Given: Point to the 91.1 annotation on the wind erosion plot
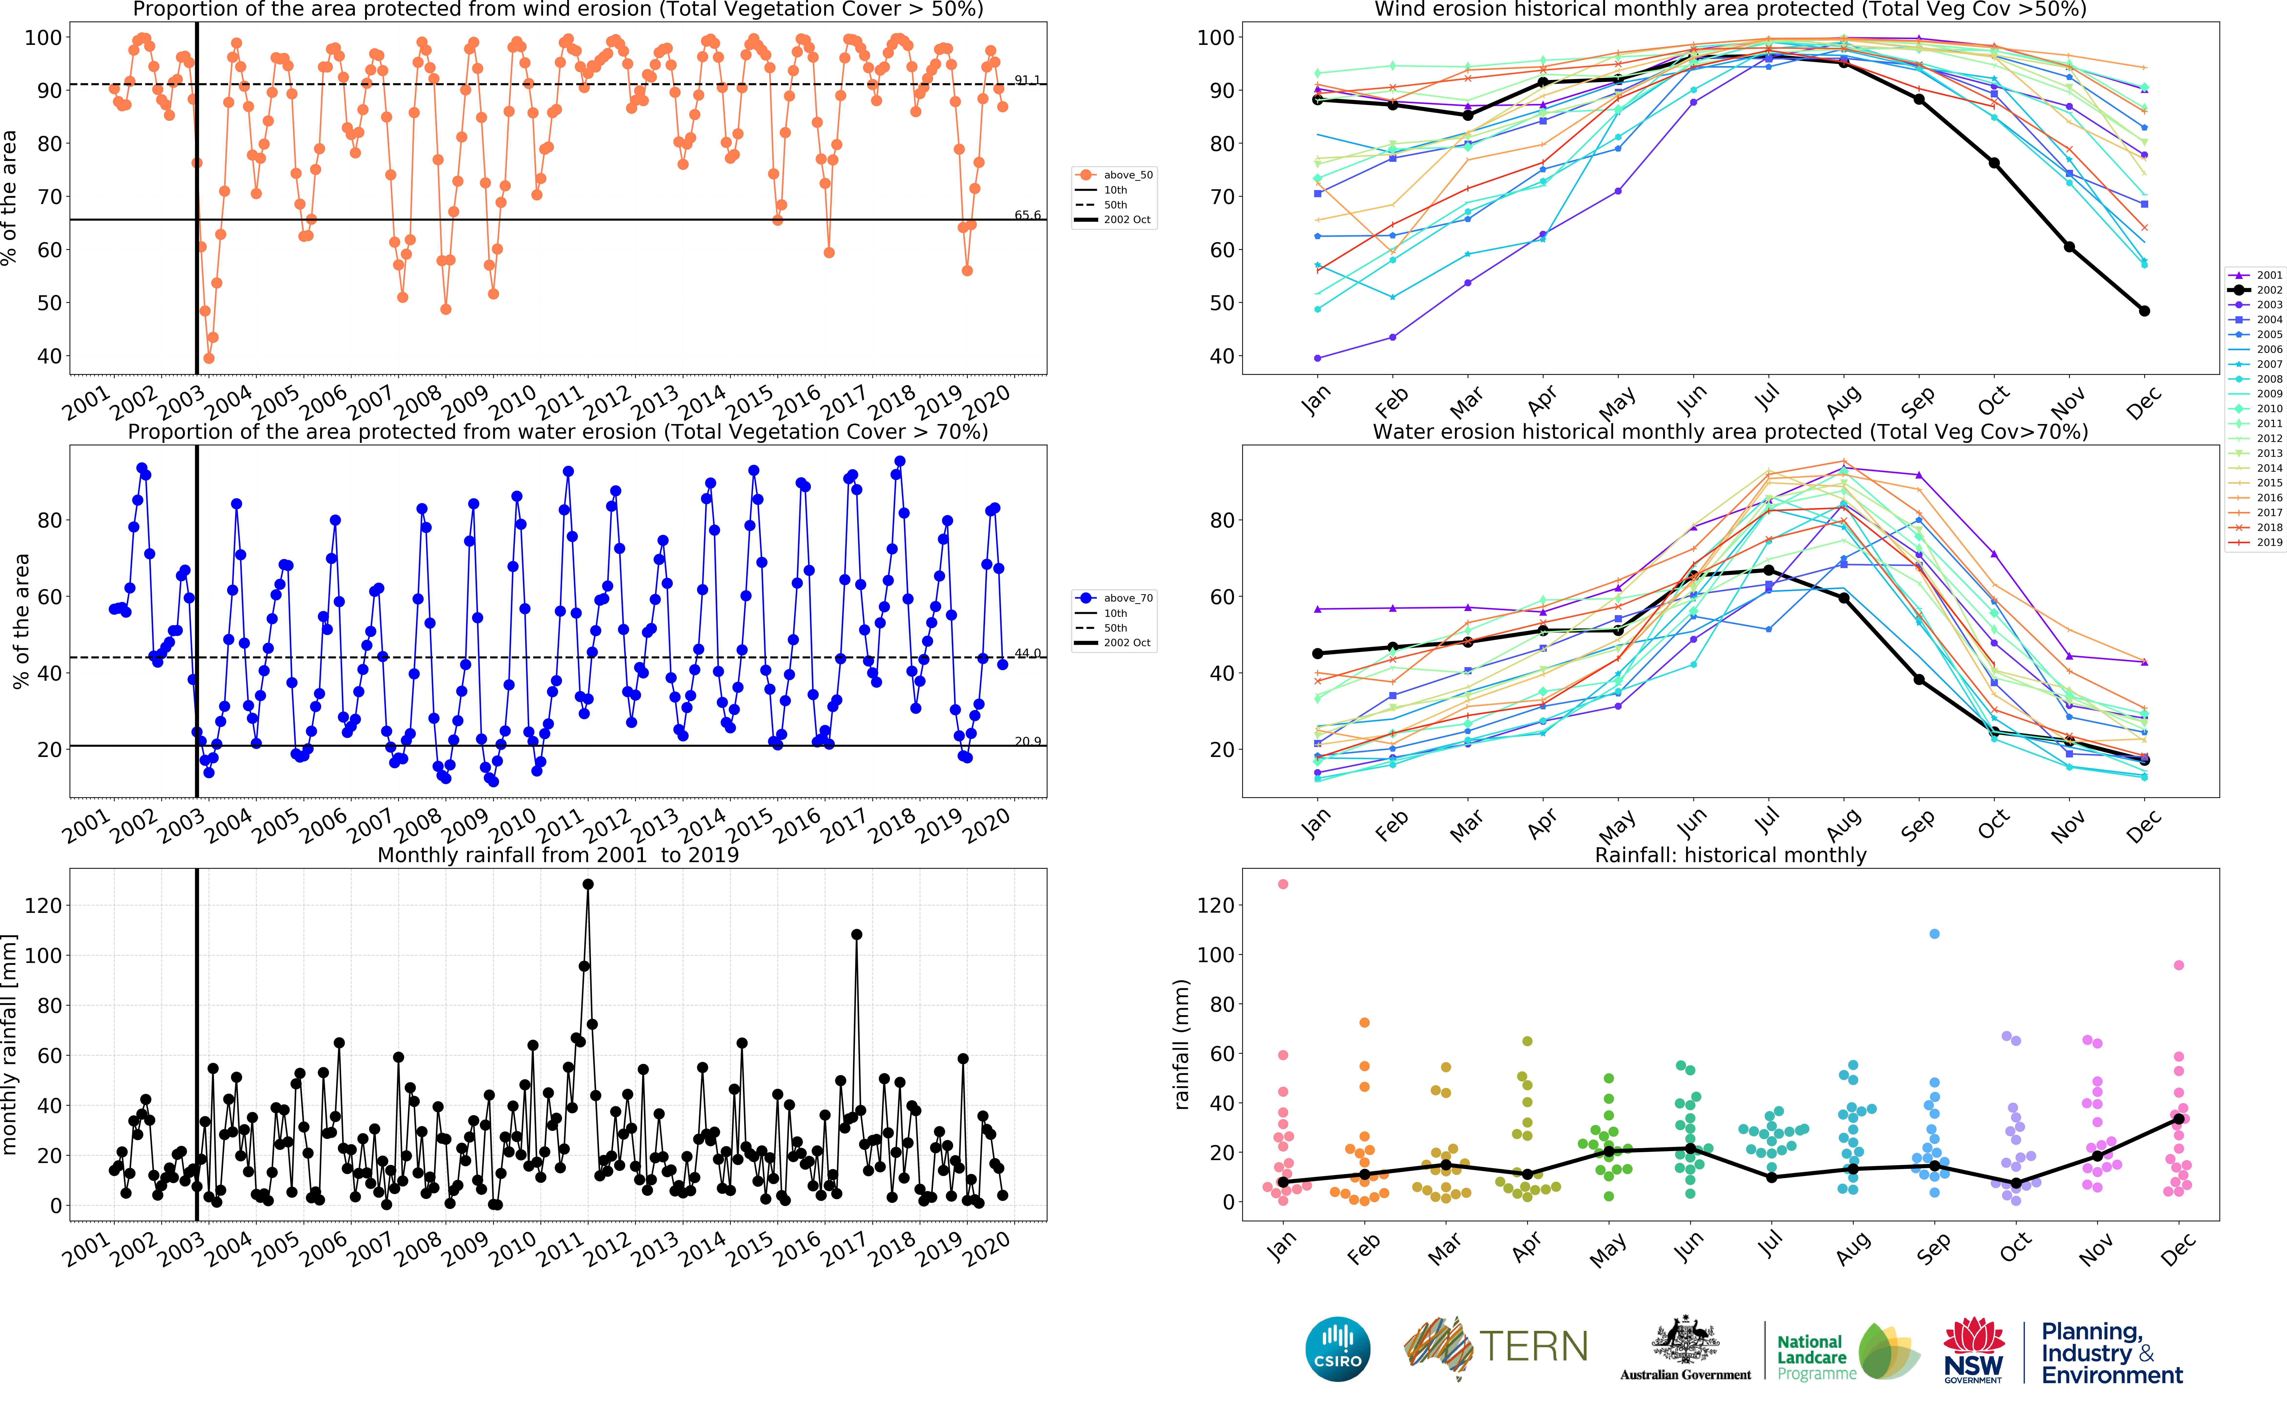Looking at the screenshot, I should point(1027,80).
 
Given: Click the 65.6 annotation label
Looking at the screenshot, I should point(1027,215).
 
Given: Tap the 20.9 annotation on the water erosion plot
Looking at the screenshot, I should point(1027,742).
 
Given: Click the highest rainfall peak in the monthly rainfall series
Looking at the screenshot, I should point(588,884).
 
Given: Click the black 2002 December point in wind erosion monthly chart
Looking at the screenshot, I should point(2145,311).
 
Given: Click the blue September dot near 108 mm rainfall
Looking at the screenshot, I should point(1934,934).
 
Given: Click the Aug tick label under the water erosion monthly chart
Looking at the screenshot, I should point(1844,824).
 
